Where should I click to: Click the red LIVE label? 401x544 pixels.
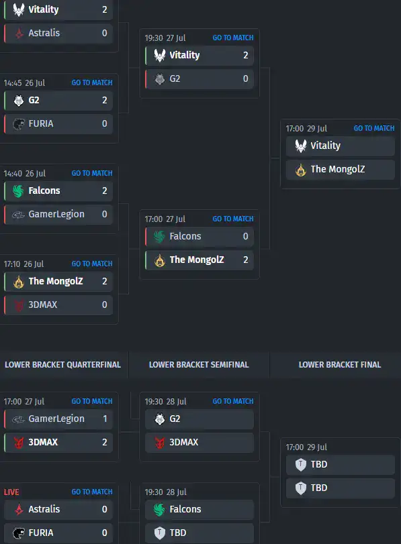point(11,492)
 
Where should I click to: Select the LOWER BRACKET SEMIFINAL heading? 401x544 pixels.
point(199,365)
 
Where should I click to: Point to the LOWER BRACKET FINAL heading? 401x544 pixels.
point(340,365)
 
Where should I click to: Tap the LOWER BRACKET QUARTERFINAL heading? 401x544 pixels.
point(63,365)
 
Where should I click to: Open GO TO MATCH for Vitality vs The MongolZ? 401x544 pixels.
point(374,128)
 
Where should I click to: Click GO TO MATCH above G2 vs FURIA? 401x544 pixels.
point(92,83)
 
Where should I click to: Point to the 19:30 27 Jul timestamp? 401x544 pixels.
point(165,38)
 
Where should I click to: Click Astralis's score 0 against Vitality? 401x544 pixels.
point(105,33)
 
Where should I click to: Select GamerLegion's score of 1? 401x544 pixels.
point(105,419)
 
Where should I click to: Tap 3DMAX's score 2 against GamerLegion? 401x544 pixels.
point(105,442)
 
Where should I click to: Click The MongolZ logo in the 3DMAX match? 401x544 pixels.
point(19,281)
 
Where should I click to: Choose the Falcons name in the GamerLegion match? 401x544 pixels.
point(44,191)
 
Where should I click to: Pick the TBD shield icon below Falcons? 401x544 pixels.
point(159,533)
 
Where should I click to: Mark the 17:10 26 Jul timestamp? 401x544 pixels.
point(24,264)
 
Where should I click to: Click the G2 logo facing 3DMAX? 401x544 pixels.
point(159,419)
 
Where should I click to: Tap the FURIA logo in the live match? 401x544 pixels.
point(19,533)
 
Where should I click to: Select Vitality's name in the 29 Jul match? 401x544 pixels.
point(325,146)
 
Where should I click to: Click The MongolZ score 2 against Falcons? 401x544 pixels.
point(246,260)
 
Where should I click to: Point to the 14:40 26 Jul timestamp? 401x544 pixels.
point(24,174)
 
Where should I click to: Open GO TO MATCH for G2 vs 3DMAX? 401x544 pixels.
point(233,401)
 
